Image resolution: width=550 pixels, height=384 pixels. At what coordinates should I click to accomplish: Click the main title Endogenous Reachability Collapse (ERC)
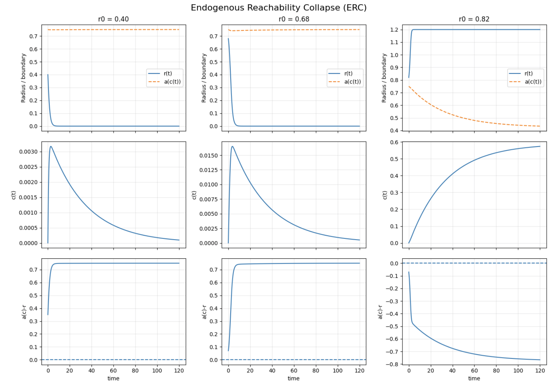279,8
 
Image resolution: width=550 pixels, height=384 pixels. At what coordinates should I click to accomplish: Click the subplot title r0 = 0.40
113,19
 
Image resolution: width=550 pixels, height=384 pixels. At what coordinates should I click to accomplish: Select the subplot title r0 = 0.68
294,19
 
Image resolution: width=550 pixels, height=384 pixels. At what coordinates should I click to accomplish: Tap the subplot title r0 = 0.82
474,19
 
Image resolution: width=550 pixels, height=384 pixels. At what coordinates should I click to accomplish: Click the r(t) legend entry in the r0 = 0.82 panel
528,73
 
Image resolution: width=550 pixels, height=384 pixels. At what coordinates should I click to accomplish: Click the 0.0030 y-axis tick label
28,152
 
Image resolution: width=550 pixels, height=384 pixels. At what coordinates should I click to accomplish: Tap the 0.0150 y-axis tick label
209,155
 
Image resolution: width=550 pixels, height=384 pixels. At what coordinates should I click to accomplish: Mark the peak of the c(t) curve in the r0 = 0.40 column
51,146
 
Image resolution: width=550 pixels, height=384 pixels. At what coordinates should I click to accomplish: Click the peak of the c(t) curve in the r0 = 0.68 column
232,146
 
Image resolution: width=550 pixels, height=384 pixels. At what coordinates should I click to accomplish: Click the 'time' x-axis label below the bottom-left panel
113,378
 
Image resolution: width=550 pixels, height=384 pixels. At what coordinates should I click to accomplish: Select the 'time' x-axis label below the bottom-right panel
474,378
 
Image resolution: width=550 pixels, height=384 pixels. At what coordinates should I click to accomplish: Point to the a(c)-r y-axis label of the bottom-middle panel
204,312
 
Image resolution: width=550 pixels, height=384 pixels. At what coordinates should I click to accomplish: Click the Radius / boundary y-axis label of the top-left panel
23,78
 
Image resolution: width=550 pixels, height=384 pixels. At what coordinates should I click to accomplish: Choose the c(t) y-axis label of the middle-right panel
385,195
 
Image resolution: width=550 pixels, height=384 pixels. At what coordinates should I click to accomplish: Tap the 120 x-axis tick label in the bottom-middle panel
359,371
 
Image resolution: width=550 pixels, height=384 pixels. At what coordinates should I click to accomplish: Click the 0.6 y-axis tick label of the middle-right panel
394,142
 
